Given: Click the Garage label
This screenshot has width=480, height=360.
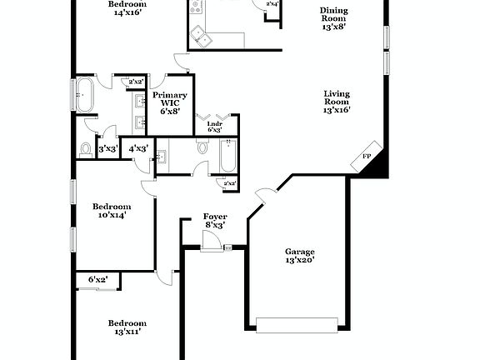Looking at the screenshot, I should (299, 256).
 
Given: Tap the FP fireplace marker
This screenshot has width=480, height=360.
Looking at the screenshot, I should (366, 157).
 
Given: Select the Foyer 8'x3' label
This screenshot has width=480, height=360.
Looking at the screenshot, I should (214, 221).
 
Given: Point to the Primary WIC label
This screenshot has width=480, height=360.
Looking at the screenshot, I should (169, 102).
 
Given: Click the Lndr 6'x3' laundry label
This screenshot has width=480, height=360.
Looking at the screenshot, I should (214, 127).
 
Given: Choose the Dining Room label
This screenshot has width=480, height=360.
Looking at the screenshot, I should (334, 17).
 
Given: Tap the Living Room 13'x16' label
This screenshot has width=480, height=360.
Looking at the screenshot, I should (337, 102).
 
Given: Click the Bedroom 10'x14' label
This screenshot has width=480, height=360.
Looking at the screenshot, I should (112, 210).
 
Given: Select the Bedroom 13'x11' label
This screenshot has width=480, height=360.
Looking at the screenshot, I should (127, 327).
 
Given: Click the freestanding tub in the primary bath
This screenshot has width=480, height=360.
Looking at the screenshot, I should (85, 94).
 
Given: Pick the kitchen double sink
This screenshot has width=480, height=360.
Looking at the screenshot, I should (200, 35).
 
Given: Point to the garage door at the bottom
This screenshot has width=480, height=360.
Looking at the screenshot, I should (297, 324).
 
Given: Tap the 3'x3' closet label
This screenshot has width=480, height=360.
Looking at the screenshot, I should (107, 149).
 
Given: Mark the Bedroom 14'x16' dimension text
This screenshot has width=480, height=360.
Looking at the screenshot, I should (127, 13).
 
